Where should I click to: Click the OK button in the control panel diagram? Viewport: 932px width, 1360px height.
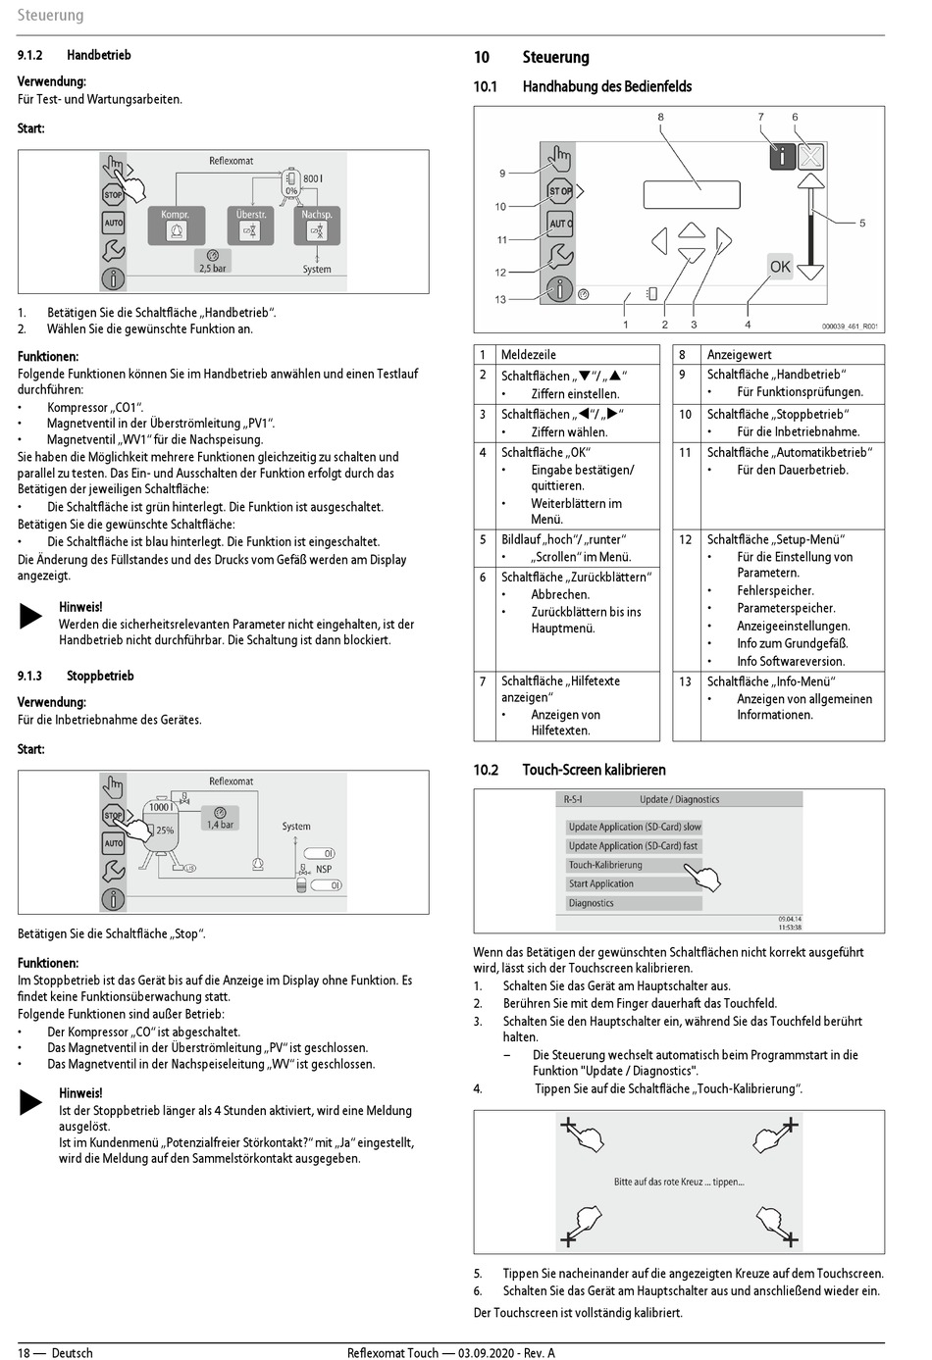point(780,266)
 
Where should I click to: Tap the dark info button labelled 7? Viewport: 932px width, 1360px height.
point(782,155)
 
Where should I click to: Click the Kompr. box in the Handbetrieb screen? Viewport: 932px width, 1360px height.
point(176,226)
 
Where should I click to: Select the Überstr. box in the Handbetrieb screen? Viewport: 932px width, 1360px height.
point(251,226)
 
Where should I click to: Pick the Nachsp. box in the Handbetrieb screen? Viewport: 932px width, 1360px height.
point(316,226)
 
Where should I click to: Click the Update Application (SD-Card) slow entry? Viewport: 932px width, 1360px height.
point(634,827)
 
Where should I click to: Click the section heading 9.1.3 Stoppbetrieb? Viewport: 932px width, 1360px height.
point(76,676)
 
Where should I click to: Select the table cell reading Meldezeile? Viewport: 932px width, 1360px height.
point(528,354)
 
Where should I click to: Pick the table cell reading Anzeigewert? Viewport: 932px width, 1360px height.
point(739,354)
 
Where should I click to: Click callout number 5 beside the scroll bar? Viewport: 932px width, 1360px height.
point(862,223)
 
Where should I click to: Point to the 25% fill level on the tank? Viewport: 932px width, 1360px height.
point(165,830)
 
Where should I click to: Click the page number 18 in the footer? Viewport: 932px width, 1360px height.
point(24,1352)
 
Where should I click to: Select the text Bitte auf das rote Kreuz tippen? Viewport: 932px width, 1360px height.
point(679,1182)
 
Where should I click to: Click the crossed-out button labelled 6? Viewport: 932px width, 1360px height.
point(810,155)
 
